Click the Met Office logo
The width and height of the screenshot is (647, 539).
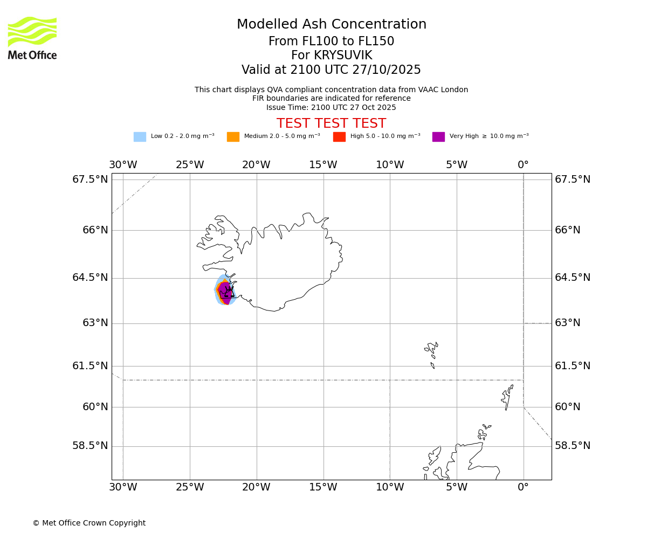(32, 38)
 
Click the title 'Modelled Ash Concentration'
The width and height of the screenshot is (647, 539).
(331, 25)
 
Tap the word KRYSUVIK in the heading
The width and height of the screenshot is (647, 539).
(331, 56)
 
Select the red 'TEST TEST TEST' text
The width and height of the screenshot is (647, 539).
(331, 123)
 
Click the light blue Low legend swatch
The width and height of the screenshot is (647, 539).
(140, 137)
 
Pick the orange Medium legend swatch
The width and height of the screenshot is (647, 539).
(233, 137)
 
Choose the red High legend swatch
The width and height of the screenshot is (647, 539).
(339, 137)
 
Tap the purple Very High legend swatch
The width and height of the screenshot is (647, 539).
(438, 137)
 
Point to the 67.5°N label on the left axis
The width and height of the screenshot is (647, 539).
(90, 179)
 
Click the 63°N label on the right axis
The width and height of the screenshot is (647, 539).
(568, 323)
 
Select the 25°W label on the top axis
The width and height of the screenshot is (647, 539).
(190, 165)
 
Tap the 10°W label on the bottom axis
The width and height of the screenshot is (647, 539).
(390, 488)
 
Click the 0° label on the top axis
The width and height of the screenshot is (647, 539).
(523, 165)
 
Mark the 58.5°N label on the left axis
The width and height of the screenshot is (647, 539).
(90, 446)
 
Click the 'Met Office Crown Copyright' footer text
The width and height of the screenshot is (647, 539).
(89, 523)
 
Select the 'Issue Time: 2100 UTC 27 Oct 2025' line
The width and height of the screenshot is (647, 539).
(331, 107)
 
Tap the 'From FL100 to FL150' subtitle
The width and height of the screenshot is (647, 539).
(331, 42)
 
